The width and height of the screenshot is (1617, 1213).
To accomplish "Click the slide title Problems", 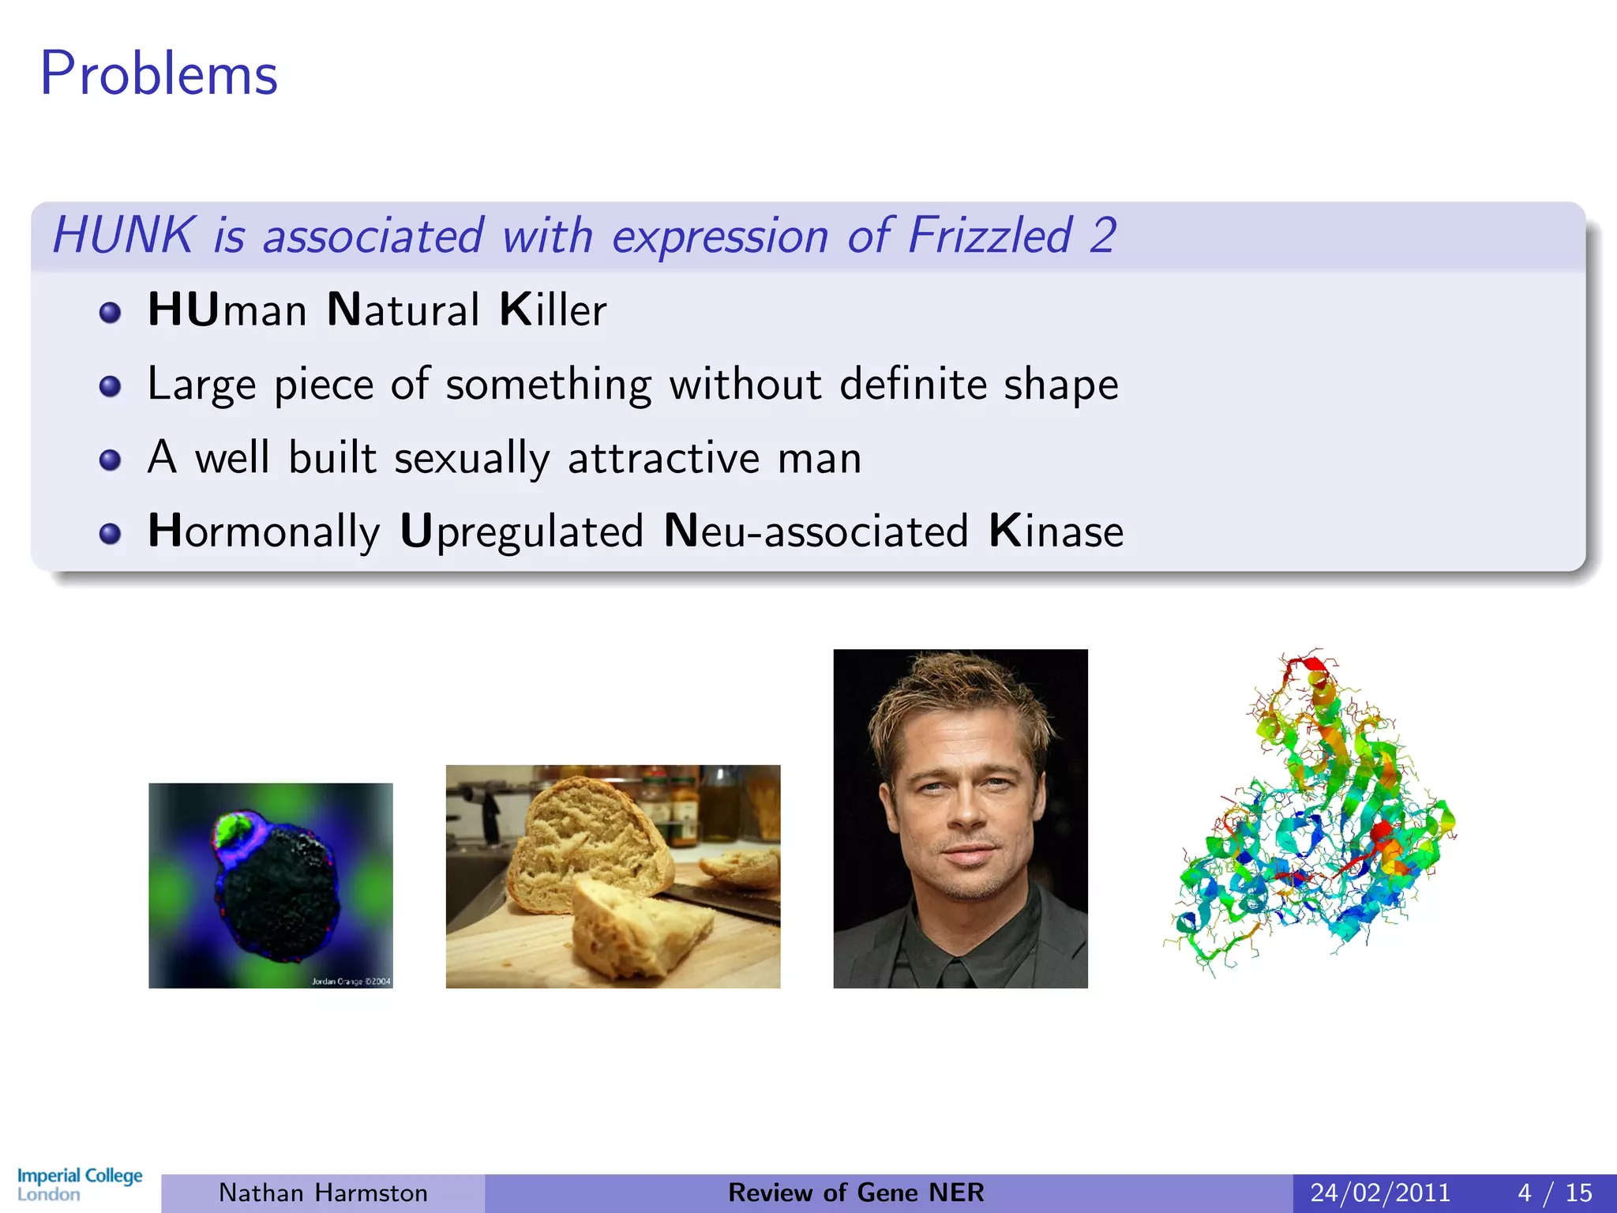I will click(x=159, y=73).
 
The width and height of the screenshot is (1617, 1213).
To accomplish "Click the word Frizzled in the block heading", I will click(x=990, y=235).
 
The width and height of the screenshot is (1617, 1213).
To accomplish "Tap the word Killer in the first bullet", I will click(x=553, y=310).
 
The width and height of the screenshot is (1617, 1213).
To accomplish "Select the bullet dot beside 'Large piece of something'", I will click(x=110, y=386).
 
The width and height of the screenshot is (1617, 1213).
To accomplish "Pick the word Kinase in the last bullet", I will click(x=1056, y=531).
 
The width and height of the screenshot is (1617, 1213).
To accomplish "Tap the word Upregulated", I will click(x=522, y=531).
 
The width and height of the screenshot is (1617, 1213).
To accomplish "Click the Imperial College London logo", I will click(x=80, y=1184).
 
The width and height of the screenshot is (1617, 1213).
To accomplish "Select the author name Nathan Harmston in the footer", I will click(x=323, y=1192).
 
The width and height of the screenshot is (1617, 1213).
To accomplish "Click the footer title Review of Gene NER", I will click(x=856, y=1192).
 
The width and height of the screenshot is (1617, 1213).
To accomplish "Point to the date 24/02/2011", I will click(x=1380, y=1192).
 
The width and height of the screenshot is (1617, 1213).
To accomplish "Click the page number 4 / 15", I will click(x=1555, y=1192).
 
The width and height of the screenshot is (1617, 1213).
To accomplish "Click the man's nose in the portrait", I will click(x=965, y=813).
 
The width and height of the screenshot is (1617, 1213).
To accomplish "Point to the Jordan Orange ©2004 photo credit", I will click(x=351, y=982).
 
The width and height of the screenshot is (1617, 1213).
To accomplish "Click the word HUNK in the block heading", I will click(x=123, y=235).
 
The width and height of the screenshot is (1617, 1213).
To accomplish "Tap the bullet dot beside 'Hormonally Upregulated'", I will click(x=110, y=534).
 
